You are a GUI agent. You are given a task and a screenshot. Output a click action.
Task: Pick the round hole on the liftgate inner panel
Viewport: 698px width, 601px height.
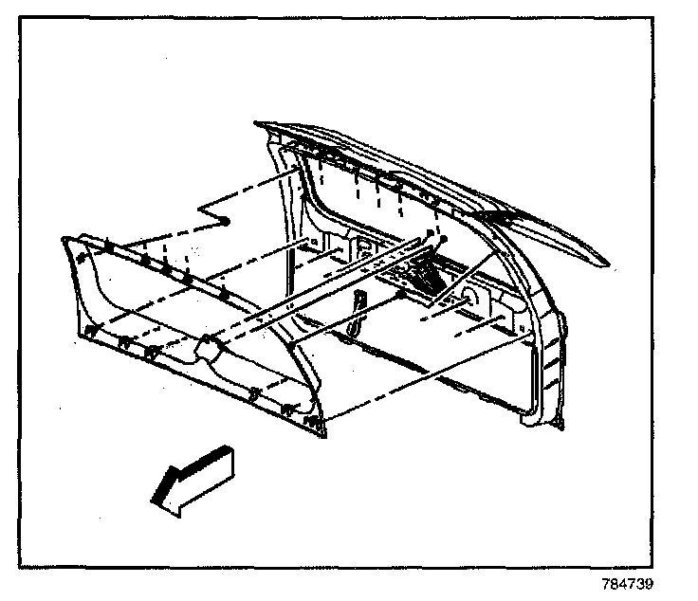pyautogui.click(x=468, y=302)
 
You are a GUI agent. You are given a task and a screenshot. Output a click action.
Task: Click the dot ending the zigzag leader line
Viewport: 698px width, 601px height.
pyautogui.click(x=229, y=220)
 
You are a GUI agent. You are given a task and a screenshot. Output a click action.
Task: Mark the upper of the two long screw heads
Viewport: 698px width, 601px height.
pyautogui.click(x=432, y=233)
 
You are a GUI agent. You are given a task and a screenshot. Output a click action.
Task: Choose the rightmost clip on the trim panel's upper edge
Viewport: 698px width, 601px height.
pyautogui.click(x=224, y=295)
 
